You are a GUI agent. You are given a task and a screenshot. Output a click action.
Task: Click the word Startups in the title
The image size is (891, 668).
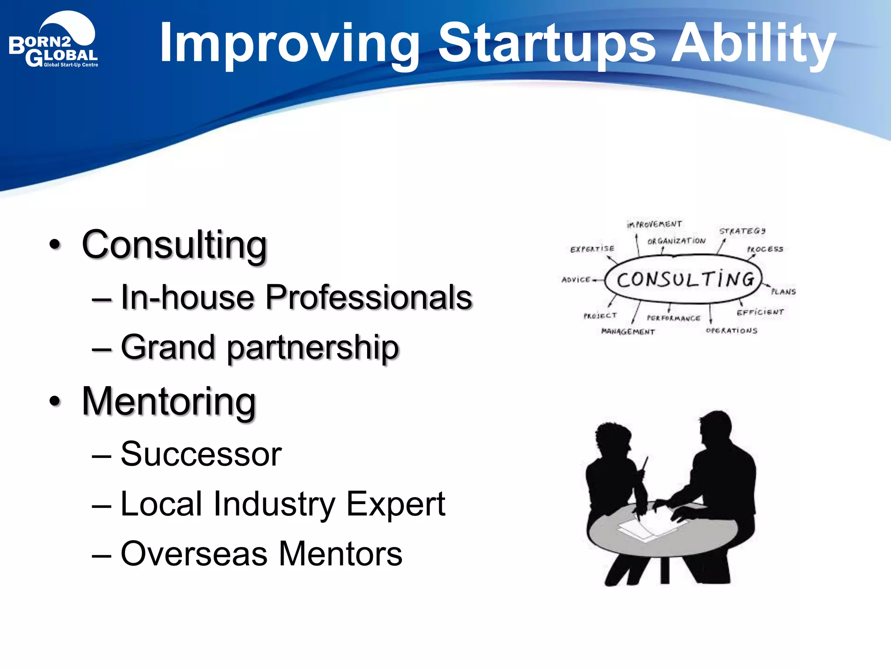546,43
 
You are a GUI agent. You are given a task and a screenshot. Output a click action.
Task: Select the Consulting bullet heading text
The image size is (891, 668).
174,245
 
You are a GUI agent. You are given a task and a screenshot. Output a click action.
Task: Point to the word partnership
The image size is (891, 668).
312,348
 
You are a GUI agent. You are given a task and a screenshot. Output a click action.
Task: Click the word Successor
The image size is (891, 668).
201,454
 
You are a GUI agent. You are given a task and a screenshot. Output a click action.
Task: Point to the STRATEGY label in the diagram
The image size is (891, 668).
742,231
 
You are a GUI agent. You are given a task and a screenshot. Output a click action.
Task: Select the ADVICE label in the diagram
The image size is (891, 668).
576,280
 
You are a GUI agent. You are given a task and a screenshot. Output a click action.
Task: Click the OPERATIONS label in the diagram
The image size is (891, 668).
731,331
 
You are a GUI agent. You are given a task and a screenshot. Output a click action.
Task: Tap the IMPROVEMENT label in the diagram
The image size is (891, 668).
654,224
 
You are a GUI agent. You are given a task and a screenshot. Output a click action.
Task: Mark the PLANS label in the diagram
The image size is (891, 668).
783,292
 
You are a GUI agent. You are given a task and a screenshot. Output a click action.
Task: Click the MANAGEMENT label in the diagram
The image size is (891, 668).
628,332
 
